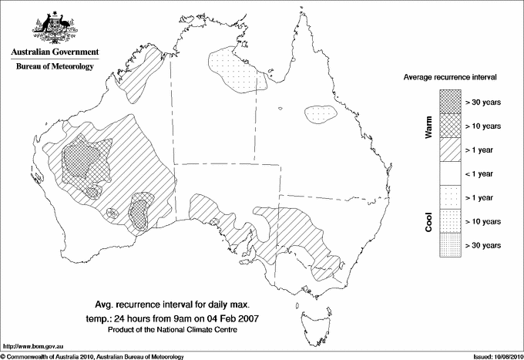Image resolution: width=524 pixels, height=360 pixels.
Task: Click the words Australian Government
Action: click(x=54, y=52)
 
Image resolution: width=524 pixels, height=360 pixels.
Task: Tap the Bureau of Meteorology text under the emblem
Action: click(x=54, y=67)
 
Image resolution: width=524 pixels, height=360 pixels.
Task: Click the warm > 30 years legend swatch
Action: click(x=449, y=101)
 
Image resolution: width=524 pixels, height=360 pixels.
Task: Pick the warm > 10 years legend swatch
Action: click(x=449, y=125)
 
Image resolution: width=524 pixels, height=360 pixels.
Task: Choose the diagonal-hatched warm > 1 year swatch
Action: click(x=449, y=149)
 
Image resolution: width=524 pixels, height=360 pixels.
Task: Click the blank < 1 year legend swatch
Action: click(x=449, y=173)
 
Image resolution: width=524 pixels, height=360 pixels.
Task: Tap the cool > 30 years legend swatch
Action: click(x=449, y=245)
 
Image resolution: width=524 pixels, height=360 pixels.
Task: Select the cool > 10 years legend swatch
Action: click(x=449, y=221)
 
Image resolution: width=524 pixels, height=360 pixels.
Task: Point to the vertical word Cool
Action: click(x=429, y=221)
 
